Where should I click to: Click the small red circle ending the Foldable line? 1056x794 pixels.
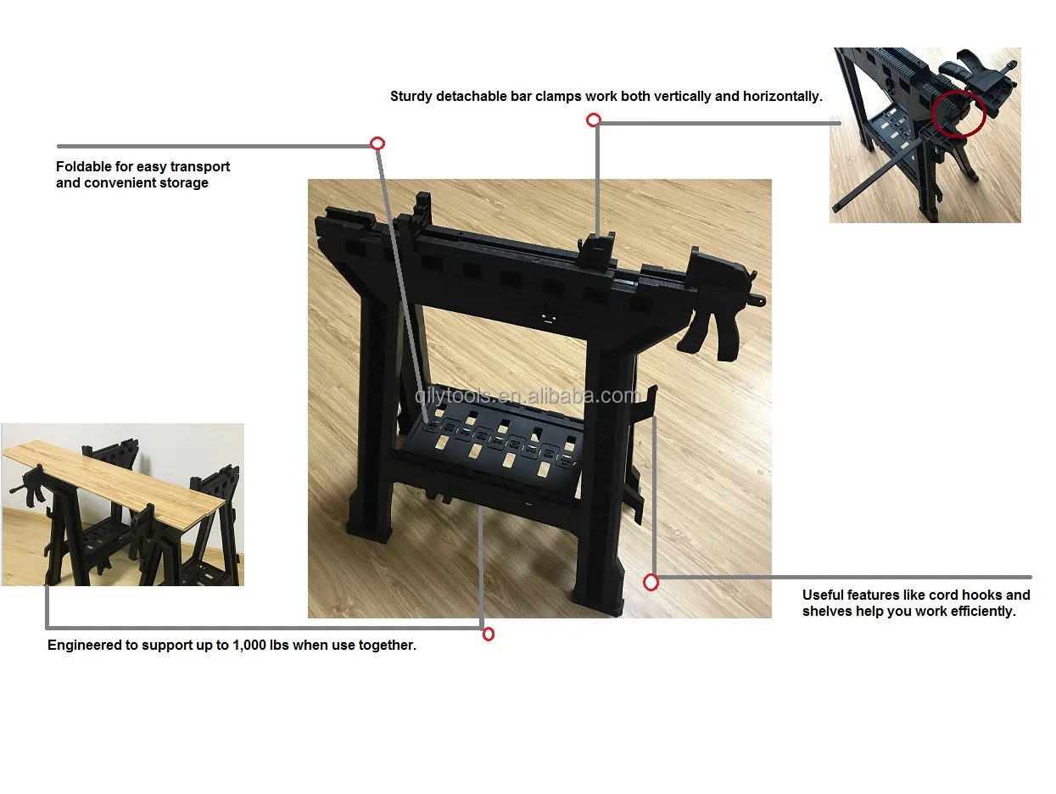coord(377,143)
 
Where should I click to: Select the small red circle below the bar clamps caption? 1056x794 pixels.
coord(594,120)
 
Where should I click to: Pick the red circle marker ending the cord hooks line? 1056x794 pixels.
coord(651,583)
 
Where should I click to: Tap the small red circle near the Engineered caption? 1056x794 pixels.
coord(489,635)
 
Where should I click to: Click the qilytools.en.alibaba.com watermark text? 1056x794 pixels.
coord(528,396)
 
